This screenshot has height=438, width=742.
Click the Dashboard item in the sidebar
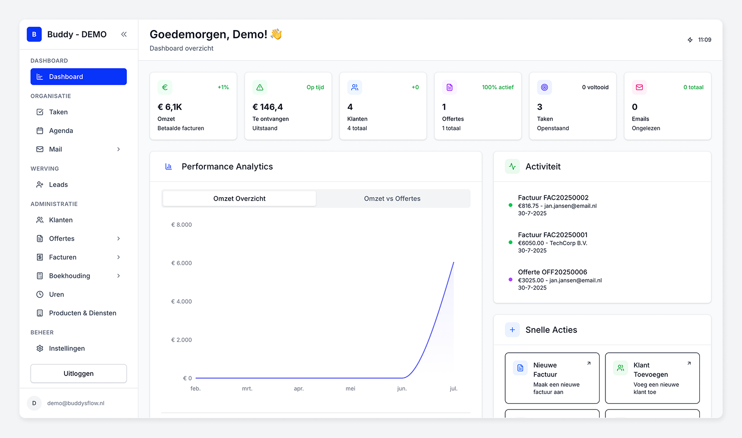[x=78, y=77]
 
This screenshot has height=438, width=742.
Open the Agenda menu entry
[x=61, y=131]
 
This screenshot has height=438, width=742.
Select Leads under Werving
[x=58, y=185]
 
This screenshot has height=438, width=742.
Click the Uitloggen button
[x=78, y=374]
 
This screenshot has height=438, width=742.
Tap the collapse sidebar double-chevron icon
[x=124, y=34]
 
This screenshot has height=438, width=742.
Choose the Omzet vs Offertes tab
[x=392, y=199]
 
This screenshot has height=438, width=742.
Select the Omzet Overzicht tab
[x=239, y=199]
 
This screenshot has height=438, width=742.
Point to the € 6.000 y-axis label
[x=182, y=263]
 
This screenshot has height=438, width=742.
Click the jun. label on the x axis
[x=402, y=389]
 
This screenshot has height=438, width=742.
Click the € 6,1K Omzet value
[x=170, y=107]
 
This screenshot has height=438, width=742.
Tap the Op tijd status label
[x=315, y=87]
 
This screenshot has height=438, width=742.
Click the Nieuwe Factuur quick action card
[x=552, y=378]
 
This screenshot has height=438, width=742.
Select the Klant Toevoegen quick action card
[x=652, y=378]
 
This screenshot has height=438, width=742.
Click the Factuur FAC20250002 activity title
[x=553, y=198]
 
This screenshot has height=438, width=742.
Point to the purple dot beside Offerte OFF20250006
[x=510, y=280]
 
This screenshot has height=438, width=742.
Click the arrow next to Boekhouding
[x=119, y=276]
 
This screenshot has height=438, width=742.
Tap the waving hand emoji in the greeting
[x=276, y=34]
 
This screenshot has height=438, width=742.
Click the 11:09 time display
[x=704, y=40]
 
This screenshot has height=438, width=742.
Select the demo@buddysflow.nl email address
[x=76, y=403]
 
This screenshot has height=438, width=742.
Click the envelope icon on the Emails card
[x=639, y=87]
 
